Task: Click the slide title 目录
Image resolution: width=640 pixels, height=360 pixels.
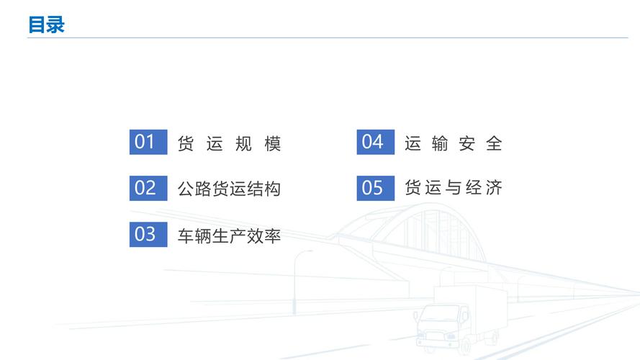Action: point(47,24)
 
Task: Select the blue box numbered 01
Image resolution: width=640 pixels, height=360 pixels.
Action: point(148,142)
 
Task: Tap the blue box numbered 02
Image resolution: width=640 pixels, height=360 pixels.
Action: point(148,188)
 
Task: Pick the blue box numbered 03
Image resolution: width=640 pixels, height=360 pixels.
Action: point(148,234)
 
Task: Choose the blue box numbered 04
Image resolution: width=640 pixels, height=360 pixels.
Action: point(376,142)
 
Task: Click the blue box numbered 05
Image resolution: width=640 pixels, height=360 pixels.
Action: point(376,188)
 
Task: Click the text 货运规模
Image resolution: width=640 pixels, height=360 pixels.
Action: point(230,143)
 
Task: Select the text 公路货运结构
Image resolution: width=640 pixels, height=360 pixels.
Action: point(230,189)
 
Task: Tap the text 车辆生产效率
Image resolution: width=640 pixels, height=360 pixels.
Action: point(230,236)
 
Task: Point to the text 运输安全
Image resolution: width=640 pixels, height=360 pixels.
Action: point(454,143)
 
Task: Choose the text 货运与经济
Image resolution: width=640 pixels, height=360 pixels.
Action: point(454,187)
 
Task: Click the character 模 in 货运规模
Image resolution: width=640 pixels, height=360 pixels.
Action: point(273,143)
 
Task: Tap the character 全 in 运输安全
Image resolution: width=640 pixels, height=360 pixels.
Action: point(494,143)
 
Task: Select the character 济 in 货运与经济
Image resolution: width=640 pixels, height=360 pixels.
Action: point(494,187)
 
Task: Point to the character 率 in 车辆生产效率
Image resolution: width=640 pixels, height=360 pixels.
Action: point(273,236)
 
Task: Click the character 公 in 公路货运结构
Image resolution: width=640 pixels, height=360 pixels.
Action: point(186,189)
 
